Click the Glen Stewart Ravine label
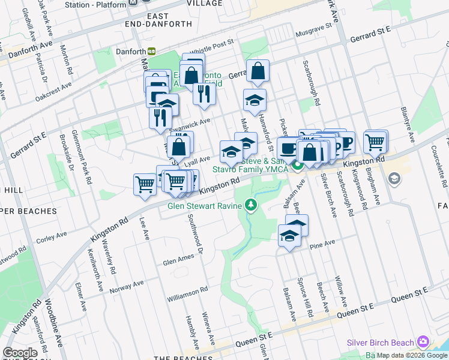click(204, 206)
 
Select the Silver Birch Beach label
click(381, 343)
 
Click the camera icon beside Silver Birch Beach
click(424, 343)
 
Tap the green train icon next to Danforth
click(152, 52)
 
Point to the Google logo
click(20, 353)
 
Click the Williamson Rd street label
click(187, 290)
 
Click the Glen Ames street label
click(178, 259)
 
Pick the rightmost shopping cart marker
click(375, 142)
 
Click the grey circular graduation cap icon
click(394, 178)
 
